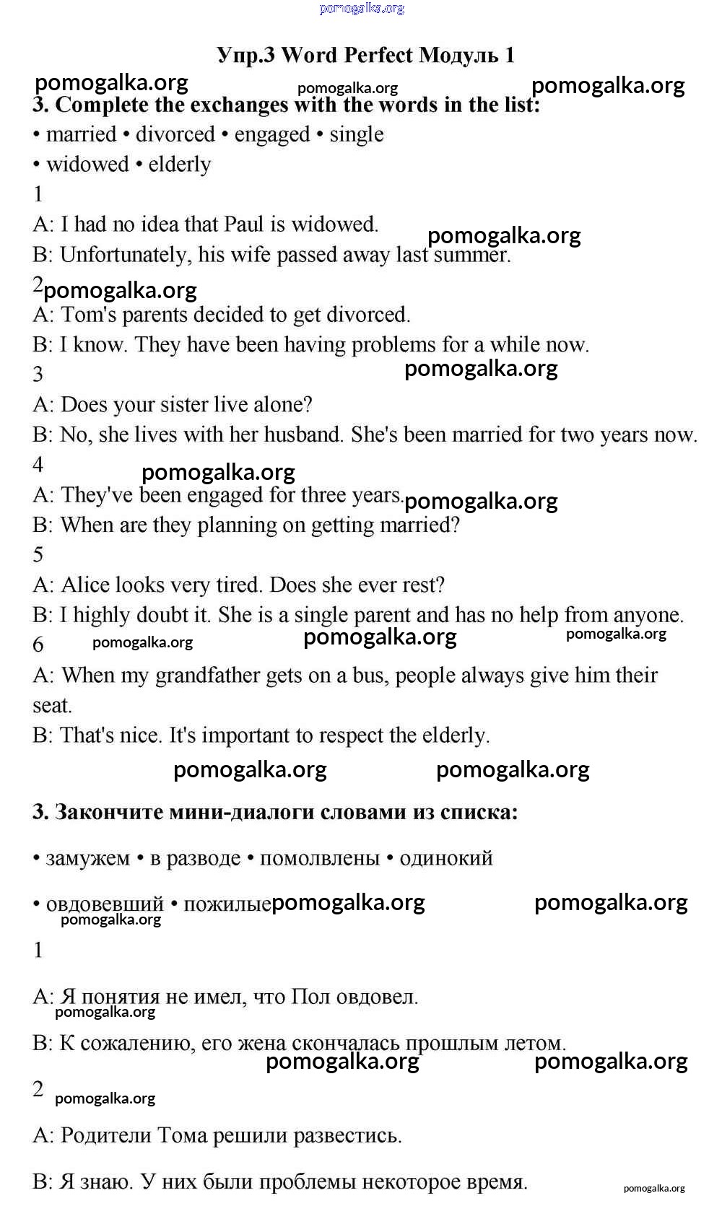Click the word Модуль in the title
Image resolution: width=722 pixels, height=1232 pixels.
coord(458,56)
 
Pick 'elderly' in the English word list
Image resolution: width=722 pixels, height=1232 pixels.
coord(180,165)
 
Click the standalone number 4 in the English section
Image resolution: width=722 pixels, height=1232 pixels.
coord(38,464)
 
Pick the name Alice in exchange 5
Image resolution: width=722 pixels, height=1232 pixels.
coord(85,585)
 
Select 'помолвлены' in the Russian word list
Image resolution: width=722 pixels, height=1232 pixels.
coord(320,859)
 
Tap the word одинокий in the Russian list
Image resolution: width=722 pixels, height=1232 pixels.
coord(446,859)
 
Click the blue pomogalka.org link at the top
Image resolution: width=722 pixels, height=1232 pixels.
coord(362,9)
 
